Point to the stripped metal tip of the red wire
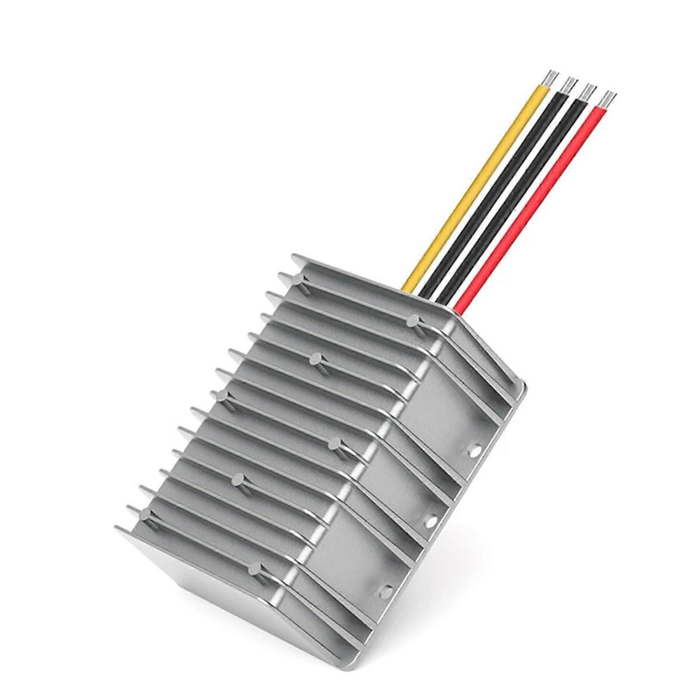(x=609, y=99)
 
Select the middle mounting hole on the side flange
(x=430, y=519)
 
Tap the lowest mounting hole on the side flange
(x=386, y=590)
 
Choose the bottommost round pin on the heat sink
(x=253, y=568)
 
